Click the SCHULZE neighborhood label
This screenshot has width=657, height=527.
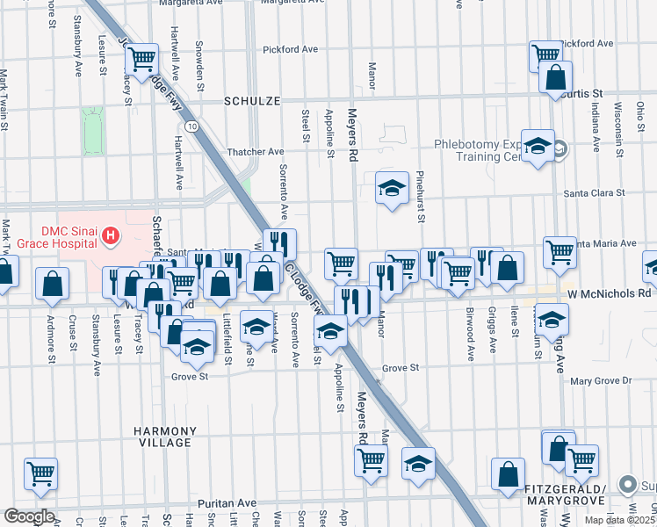point(252,101)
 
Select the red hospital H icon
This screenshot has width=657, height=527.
point(111,235)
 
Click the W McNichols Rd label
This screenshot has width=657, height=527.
point(610,294)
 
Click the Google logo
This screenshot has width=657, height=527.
point(29,516)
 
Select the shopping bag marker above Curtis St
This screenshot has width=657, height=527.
point(556,77)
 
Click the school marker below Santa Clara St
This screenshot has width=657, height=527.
point(392,188)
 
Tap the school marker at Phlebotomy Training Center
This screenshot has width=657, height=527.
point(538,147)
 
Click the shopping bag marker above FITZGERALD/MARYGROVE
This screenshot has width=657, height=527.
point(508,474)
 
